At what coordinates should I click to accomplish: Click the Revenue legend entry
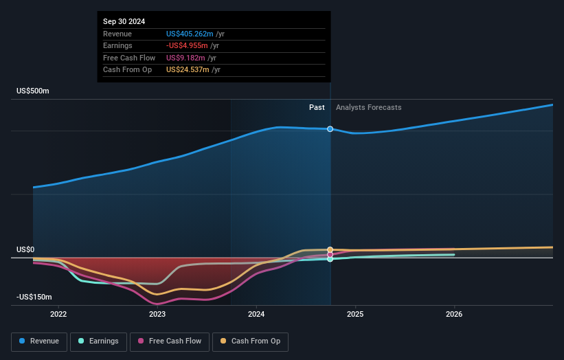point(39,341)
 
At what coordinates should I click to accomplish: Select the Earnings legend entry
point(98,341)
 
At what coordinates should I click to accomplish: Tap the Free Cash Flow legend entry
point(170,341)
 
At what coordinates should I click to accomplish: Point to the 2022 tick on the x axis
point(58,315)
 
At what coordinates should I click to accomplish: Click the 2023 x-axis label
point(157,315)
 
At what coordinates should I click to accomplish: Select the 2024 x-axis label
point(256,315)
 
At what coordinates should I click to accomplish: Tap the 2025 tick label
point(355,315)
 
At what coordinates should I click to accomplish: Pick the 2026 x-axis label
point(454,315)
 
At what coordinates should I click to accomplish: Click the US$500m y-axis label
point(33,91)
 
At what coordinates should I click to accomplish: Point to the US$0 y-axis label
point(26,250)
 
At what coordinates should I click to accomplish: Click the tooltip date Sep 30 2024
point(126,22)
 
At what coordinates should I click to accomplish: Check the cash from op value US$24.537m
point(187,69)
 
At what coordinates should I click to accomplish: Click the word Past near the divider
point(317,107)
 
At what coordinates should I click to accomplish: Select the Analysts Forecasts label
point(369,107)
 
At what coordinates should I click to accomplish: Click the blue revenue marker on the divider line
point(330,129)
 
